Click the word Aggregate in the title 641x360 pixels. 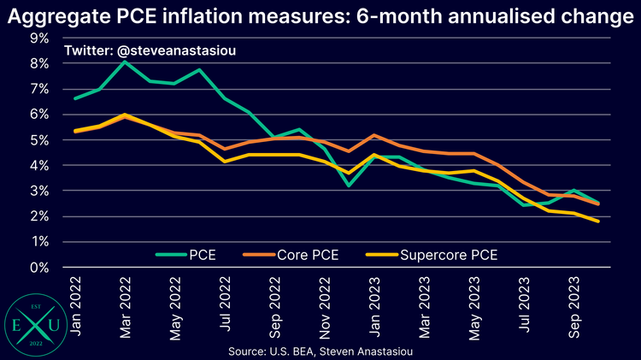62,16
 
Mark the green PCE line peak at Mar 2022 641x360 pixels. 126,62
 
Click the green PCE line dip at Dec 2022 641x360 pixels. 349,185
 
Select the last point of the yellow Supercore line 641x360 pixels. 597,221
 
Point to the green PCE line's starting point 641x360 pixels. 76,98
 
